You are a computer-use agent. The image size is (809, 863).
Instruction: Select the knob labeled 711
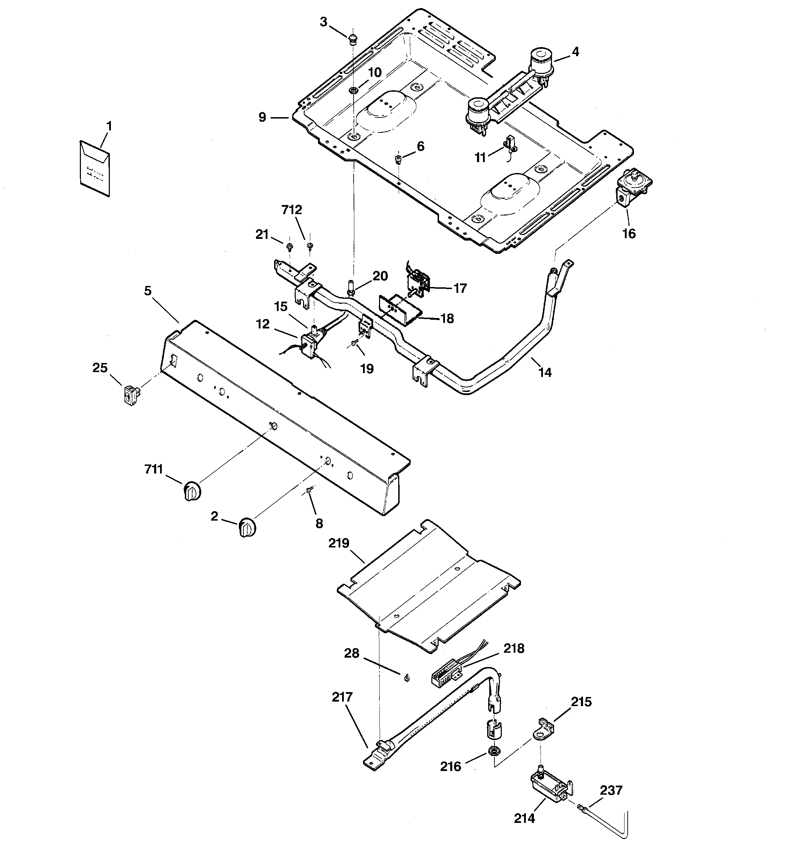(x=191, y=491)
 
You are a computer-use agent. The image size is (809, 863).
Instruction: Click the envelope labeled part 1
(x=95, y=168)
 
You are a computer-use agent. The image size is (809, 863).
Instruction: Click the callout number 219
(x=339, y=543)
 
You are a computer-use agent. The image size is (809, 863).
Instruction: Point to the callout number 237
(x=611, y=790)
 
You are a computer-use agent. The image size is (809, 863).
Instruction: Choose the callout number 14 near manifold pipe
(x=545, y=372)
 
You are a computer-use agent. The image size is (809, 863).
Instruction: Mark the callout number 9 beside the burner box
(x=262, y=117)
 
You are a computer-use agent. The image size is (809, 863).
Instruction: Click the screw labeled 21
(x=289, y=247)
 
